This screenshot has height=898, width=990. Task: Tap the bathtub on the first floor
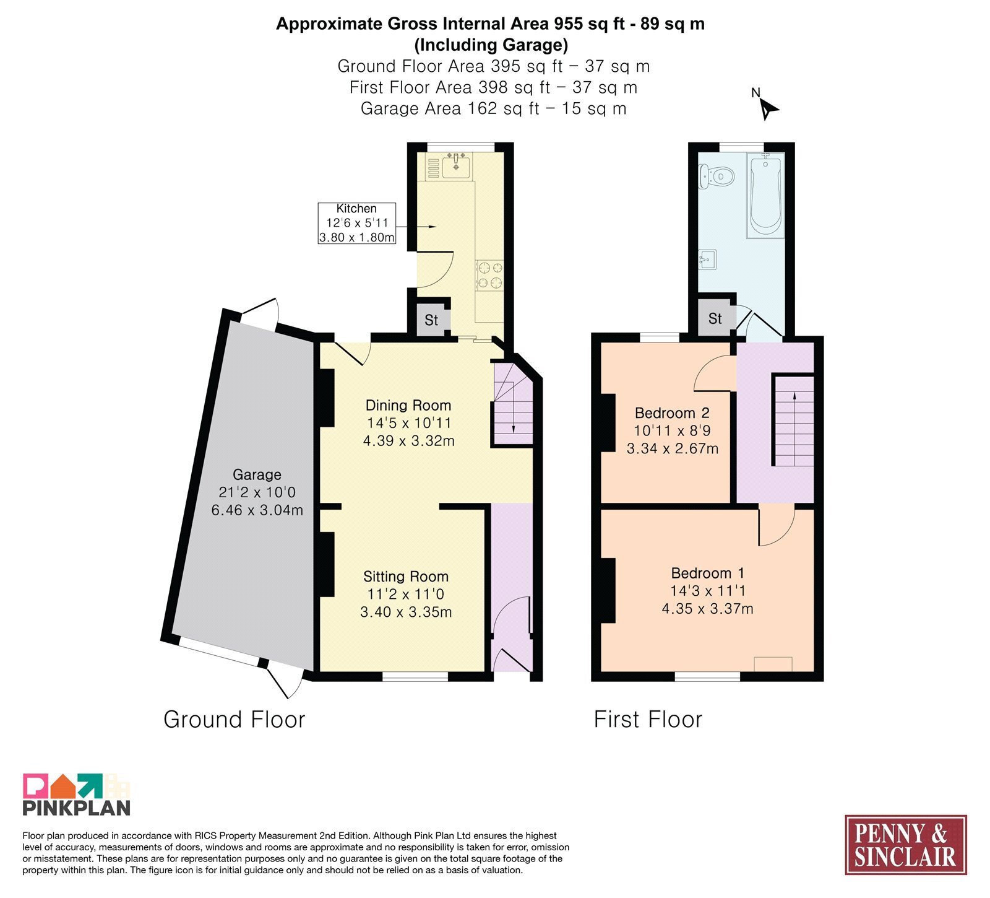(x=765, y=195)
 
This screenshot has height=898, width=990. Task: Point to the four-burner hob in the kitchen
(x=489, y=276)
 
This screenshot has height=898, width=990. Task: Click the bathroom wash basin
(x=707, y=259)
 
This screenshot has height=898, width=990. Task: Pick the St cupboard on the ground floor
(x=431, y=320)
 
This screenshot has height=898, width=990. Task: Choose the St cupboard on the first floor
(x=715, y=318)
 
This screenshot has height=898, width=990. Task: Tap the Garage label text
(x=257, y=475)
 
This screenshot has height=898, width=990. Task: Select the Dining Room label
(x=408, y=406)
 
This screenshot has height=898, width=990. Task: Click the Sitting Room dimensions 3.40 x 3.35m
(x=406, y=612)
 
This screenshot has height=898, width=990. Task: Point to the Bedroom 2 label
(x=672, y=413)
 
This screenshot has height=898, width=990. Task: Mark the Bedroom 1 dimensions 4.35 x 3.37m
(x=708, y=609)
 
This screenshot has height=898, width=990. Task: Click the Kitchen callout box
(x=356, y=223)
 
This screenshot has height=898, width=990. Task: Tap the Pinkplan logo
(x=77, y=795)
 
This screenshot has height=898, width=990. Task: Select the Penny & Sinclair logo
(x=906, y=845)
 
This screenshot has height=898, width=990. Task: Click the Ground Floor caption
(x=235, y=720)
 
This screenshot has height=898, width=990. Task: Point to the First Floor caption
(x=648, y=720)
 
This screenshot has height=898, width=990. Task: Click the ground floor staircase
(x=513, y=404)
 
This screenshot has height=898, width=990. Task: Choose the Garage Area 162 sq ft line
(x=494, y=108)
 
